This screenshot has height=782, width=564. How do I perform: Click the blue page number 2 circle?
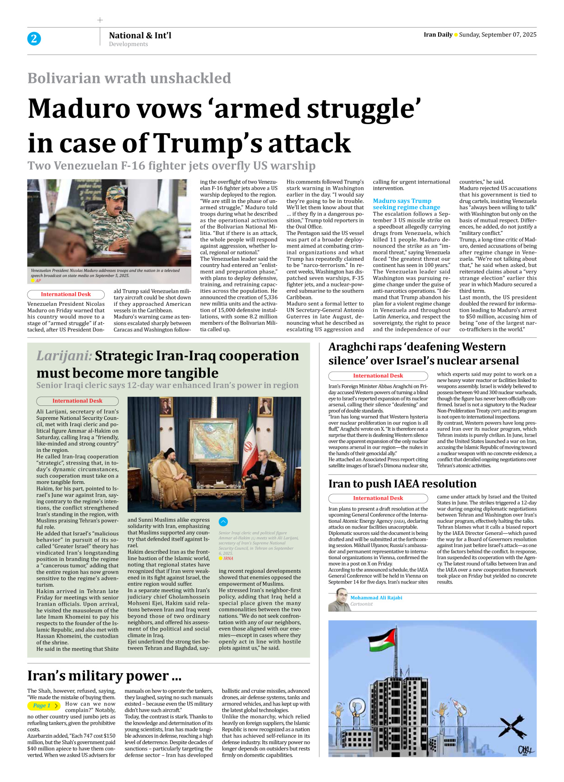click(x=34, y=39)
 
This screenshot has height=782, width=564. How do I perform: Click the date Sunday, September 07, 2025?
click(x=498, y=35)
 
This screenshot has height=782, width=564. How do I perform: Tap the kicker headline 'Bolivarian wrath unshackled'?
click(x=129, y=78)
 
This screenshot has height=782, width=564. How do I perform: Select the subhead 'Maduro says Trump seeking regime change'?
click(x=406, y=204)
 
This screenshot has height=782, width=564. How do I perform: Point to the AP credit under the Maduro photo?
click(x=38, y=281)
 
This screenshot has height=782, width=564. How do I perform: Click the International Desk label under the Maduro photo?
click(x=66, y=294)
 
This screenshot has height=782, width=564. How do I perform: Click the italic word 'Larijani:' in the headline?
click(x=64, y=356)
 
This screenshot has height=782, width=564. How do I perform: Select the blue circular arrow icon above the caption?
click(x=223, y=522)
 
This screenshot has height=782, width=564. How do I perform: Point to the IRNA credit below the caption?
click(x=228, y=558)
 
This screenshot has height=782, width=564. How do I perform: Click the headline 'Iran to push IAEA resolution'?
click(x=402, y=483)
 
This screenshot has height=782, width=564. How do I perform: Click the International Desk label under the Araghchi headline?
click(x=378, y=376)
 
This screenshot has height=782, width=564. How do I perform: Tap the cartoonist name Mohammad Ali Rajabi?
click(x=376, y=598)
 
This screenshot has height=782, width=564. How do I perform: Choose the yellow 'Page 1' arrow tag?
click(x=44, y=705)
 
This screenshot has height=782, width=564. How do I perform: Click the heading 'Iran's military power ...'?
click(x=104, y=676)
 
